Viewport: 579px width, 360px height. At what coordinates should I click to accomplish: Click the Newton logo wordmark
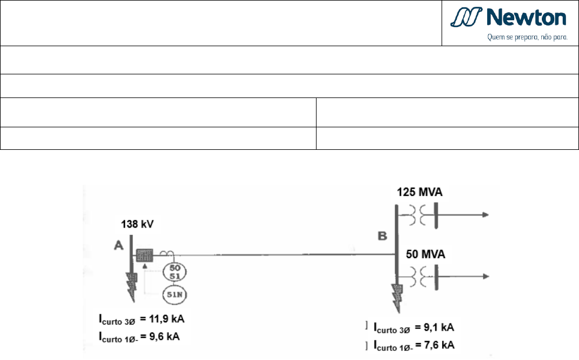(x=526, y=17)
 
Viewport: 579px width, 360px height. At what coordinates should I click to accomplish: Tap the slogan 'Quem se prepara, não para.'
(x=527, y=37)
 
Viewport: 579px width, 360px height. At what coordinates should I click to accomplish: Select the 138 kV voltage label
(x=137, y=224)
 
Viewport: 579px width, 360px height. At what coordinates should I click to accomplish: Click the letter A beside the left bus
(x=118, y=245)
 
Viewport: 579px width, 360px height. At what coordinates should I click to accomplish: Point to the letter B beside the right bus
(x=382, y=236)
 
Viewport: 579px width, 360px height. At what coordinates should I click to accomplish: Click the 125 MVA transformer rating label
(x=420, y=192)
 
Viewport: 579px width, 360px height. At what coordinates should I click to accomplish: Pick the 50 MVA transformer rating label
(x=425, y=254)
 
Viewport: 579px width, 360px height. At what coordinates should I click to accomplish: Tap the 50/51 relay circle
(x=175, y=272)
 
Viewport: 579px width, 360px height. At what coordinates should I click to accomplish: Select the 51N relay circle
(x=175, y=295)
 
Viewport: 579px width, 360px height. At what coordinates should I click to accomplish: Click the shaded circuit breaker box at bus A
(x=144, y=256)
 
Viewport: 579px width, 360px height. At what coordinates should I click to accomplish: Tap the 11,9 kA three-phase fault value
(x=167, y=319)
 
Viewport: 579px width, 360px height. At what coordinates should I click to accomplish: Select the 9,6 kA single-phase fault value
(x=164, y=336)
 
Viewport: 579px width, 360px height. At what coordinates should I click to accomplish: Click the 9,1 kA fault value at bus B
(x=439, y=327)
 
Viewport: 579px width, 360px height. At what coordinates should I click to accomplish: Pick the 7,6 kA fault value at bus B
(x=439, y=345)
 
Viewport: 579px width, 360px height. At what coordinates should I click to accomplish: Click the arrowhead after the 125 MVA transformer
(x=486, y=215)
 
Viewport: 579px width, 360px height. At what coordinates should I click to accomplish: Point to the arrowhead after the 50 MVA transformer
(x=486, y=276)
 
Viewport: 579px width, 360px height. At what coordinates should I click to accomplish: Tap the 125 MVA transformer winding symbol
(x=418, y=215)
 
